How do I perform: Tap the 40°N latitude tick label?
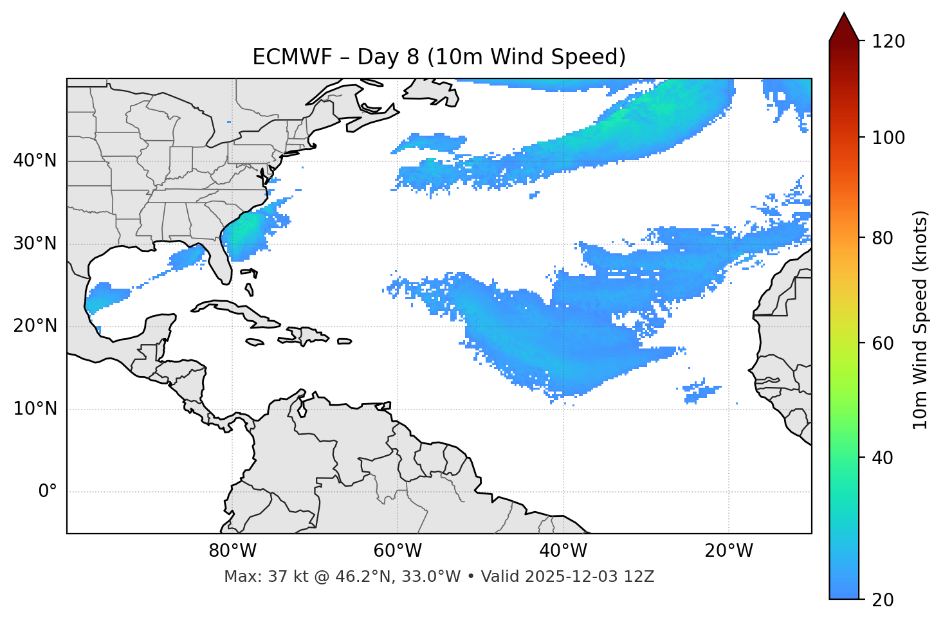(x=35, y=161)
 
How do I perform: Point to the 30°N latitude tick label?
(x=35, y=244)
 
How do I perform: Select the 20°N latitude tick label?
(x=35, y=326)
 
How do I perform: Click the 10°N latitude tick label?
(x=35, y=409)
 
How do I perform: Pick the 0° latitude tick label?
(x=48, y=492)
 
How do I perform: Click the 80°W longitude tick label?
(x=232, y=551)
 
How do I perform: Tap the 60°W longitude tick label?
(x=398, y=551)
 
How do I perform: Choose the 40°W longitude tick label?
(x=563, y=551)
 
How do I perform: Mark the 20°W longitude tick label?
(x=728, y=551)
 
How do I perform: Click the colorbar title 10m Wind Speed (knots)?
(x=921, y=320)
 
